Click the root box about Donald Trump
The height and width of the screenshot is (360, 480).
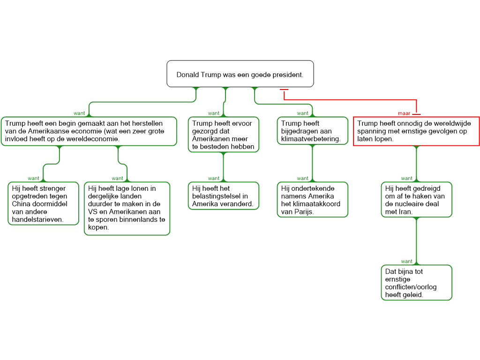[240, 74]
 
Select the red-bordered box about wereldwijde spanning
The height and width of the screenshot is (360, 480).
[416, 131]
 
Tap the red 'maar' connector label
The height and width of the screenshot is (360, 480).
[404, 113]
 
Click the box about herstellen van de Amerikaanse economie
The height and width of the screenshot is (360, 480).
[89, 131]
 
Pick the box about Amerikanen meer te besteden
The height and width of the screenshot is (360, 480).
[223, 135]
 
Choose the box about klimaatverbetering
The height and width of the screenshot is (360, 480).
[312, 131]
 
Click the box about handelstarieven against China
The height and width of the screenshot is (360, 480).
[44, 204]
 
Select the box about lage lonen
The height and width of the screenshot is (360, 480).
[127, 208]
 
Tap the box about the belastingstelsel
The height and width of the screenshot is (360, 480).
[223, 196]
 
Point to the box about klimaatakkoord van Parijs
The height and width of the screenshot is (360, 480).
[312, 200]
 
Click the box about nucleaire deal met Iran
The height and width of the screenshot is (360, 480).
[416, 200]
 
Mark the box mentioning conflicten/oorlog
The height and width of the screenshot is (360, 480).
[416, 283]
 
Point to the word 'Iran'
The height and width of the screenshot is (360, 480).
[405, 212]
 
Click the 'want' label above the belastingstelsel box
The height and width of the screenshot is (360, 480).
[214, 179]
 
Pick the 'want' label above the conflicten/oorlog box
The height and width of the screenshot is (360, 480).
[407, 262]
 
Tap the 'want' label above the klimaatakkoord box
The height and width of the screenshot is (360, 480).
[303, 179]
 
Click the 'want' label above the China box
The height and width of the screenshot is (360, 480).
[34, 179]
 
